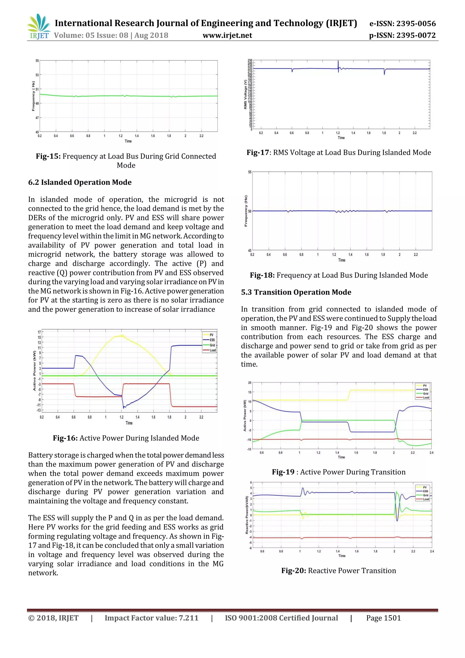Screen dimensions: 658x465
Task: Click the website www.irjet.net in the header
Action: (x=227, y=35)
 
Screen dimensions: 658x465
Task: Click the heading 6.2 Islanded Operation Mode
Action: (x=80, y=182)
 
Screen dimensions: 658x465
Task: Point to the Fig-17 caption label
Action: (x=257, y=152)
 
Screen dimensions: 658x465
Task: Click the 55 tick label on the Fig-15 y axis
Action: (x=37, y=61)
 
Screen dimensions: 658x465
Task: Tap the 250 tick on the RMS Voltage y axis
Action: (x=250, y=60)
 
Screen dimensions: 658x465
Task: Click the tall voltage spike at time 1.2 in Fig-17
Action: (x=338, y=62)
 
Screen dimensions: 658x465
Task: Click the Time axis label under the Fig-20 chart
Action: (x=342, y=556)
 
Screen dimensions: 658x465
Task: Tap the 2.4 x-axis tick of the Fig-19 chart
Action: (x=431, y=453)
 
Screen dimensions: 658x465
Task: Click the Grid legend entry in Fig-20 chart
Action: (x=426, y=495)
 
